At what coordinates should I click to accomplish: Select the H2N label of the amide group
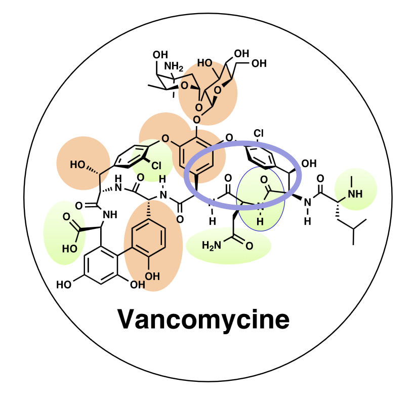pos(211,246)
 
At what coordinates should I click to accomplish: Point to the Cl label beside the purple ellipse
pos(259,134)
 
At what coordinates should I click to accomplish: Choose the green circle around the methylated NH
pos(355,188)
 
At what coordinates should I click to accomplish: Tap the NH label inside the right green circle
pos(356,194)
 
